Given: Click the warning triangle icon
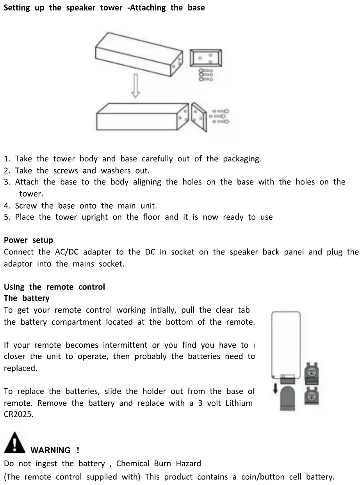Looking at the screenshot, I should click(x=14, y=443).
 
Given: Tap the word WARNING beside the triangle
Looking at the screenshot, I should click(x=50, y=450).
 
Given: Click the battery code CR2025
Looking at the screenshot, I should click(x=19, y=415).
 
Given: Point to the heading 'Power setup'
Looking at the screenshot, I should click(x=28, y=240).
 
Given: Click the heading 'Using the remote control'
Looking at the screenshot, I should click(x=54, y=287).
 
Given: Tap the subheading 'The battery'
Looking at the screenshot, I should click(x=27, y=298).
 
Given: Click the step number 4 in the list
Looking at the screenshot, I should click(x=6, y=206).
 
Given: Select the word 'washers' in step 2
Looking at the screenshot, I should click(x=116, y=170).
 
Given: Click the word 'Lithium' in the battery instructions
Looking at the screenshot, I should click(x=239, y=403).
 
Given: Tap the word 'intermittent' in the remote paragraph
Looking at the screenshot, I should click(x=125, y=345).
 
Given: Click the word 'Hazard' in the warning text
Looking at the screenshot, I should click(x=189, y=464).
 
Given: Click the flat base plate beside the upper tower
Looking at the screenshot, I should click(x=206, y=59).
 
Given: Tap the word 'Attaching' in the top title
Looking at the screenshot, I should click(x=148, y=8).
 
